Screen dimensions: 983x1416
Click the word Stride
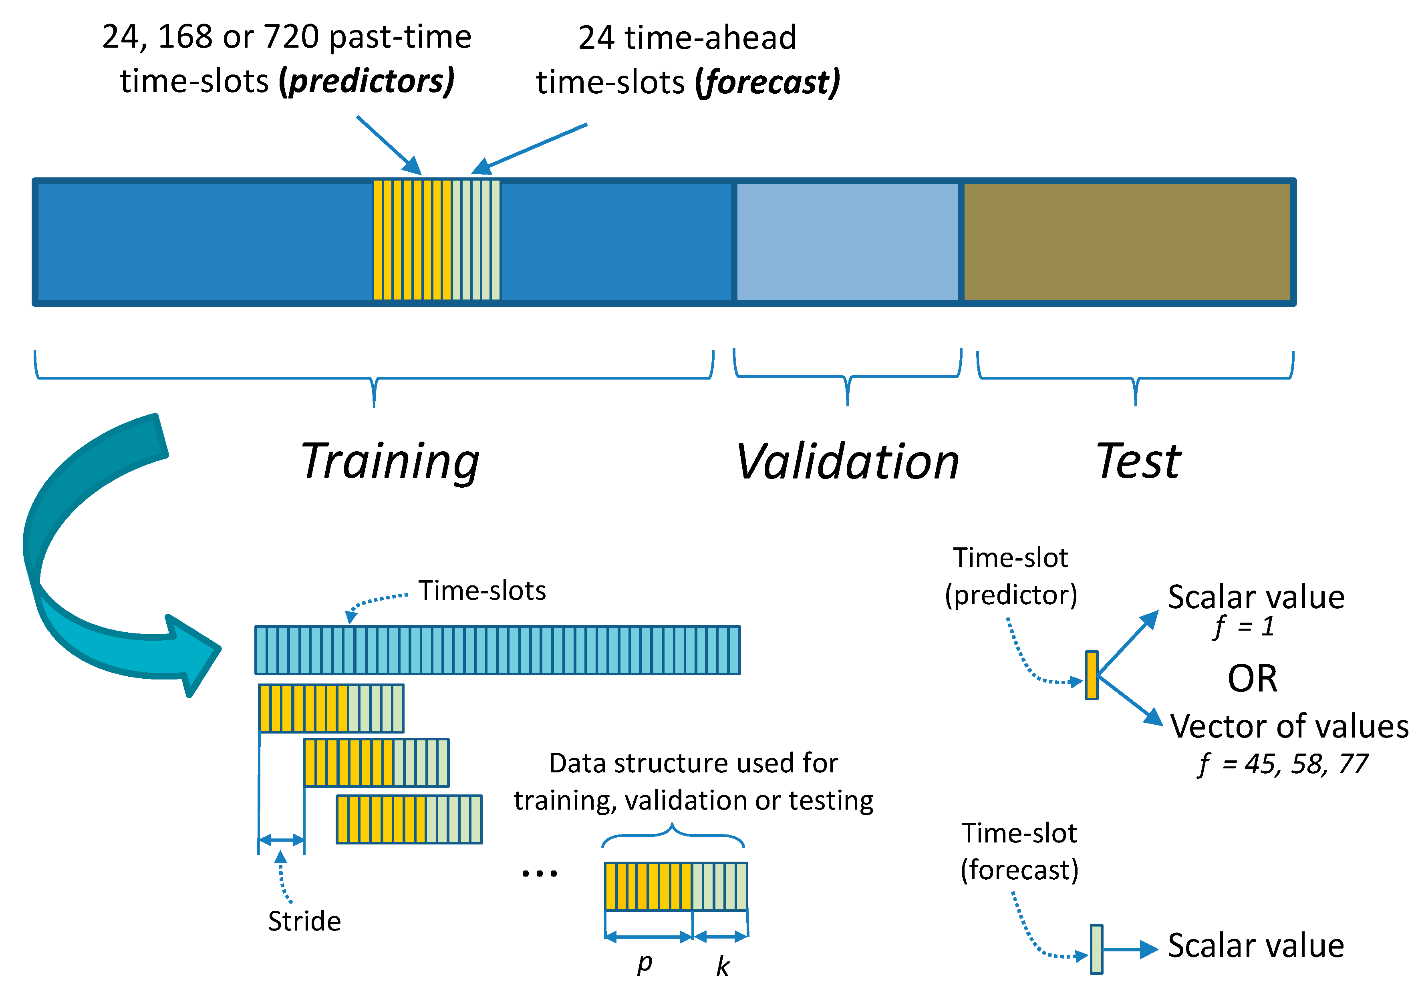coord(304,921)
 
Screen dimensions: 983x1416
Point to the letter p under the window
coord(644,962)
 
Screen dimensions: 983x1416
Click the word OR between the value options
coord(1252,679)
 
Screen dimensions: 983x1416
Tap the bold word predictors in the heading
coord(367,81)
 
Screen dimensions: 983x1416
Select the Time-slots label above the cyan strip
coord(482,591)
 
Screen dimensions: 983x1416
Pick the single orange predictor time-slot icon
coord(1091,675)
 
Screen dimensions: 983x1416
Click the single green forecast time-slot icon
coord(1096,949)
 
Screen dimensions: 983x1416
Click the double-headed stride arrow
coord(281,840)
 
